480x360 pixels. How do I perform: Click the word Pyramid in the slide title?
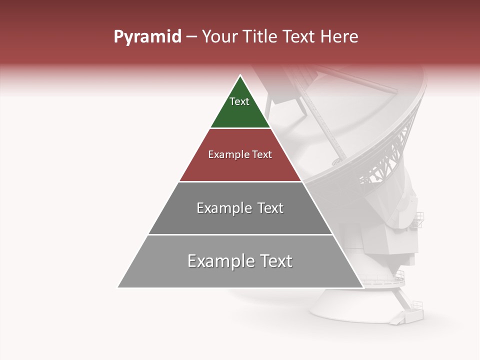147,37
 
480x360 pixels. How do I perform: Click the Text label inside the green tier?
239,101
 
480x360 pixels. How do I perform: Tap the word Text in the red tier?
261,154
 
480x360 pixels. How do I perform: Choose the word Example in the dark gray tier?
222,208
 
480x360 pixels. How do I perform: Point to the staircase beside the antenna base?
407,312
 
